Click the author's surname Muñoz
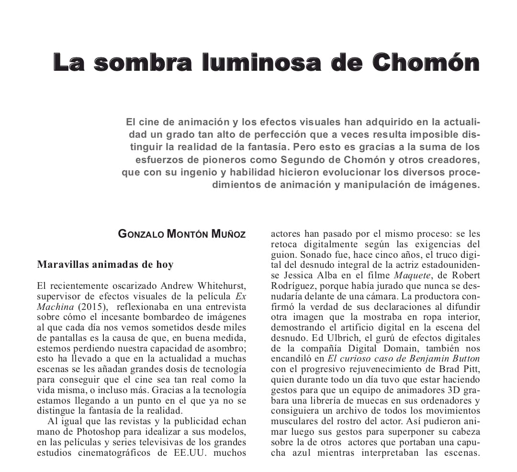coord(228,234)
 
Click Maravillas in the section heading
coord(62,264)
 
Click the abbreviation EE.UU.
coord(190,452)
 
